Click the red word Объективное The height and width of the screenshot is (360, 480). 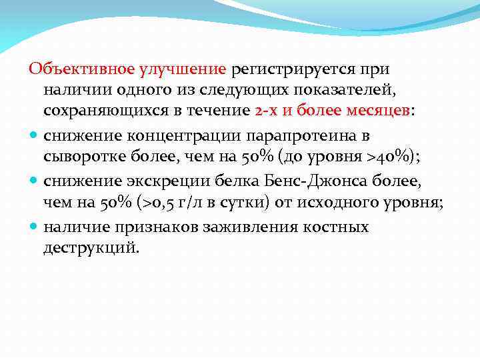81,69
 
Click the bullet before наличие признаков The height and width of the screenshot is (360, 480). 33,227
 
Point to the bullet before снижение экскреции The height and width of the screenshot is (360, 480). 33,182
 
